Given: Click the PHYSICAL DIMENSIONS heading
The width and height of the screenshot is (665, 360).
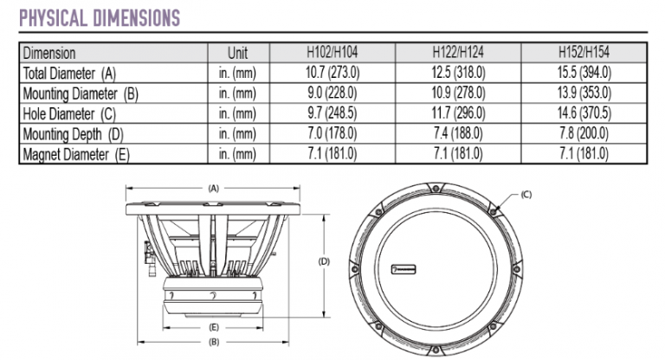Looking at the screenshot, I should pos(100,16).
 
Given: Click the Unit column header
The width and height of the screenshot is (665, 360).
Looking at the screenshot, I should pos(237,53).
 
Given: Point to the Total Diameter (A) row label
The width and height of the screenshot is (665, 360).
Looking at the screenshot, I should pos(69,73).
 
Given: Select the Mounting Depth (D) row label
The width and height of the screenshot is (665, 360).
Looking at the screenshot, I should pos(72,133).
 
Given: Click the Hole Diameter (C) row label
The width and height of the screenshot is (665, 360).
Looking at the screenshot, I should pos(69,113).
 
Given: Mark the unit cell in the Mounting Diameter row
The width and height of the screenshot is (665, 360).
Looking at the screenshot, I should pos(237,93).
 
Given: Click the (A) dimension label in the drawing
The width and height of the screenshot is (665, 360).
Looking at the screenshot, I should pos(213,186).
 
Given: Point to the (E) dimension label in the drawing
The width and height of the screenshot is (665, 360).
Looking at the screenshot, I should pos(213,328).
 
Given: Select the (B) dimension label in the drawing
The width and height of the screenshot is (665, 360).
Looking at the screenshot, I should pos(213,342).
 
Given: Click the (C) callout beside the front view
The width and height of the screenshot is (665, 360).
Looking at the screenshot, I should pos(526,196).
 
